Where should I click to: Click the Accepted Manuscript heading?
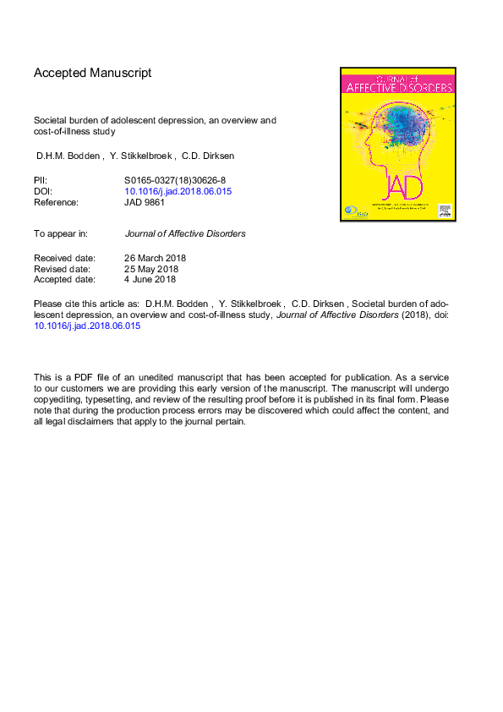pyautogui.click(x=92, y=73)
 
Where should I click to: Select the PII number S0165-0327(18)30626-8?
pyautogui.click(x=174, y=180)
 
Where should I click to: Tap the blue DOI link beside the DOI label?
pyautogui.click(x=178, y=191)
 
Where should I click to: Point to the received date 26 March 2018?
pyautogui.click(x=156, y=258)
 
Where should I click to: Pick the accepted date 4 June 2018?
pyautogui.click(x=150, y=279)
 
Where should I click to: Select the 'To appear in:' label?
pyautogui.click(x=61, y=233)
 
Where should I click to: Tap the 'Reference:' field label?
pyautogui.click(x=56, y=202)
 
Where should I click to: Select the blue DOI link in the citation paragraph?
pyautogui.click(x=87, y=326)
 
